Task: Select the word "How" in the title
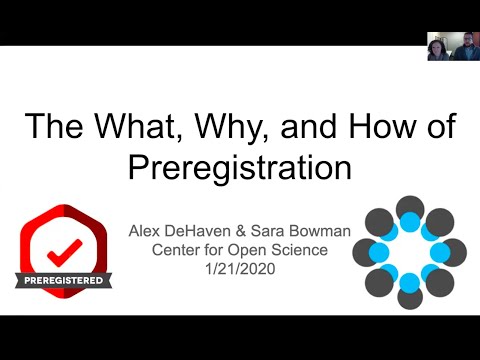click(x=382, y=126)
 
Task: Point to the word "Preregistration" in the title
click(x=240, y=167)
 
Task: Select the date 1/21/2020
click(x=240, y=269)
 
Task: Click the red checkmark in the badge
click(x=64, y=253)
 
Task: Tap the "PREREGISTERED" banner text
click(x=63, y=280)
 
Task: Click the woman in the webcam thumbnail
click(x=438, y=50)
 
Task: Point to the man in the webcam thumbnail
click(x=467, y=47)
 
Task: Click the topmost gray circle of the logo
click(x=410, y=208)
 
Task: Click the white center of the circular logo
click(x=410, y=253)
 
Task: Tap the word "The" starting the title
click(x=53, y=126)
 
